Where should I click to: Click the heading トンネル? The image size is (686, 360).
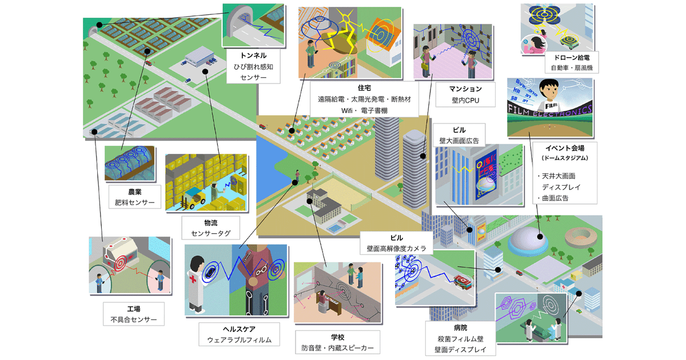246,56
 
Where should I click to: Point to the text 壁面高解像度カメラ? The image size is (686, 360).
396,249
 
